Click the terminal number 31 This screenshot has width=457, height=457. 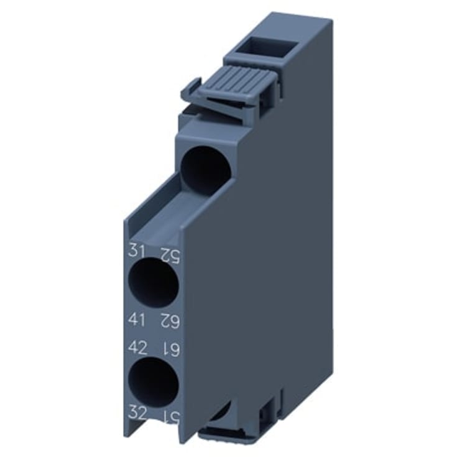click(x=136, y=252)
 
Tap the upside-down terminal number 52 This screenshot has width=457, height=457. click(x=168, y=252)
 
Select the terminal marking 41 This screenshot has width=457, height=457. click(x=136, y=320)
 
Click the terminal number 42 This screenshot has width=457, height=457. click(x=137, y=347)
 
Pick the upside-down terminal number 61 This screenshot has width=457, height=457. click(x=168, y=347)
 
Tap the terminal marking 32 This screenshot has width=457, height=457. click(x=137, y=411)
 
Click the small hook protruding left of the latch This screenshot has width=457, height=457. click(x=192, y=87)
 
